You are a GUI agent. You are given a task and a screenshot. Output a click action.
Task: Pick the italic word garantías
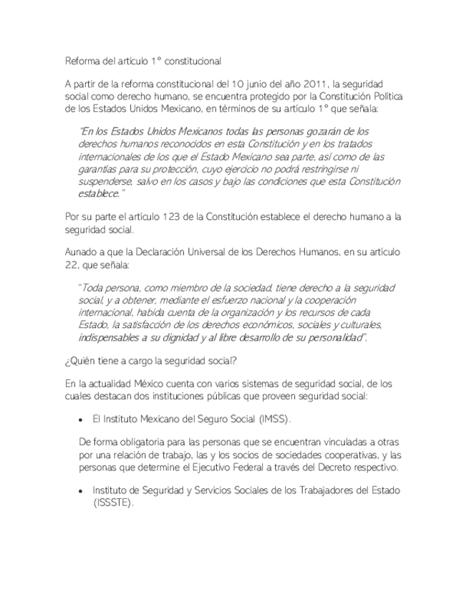coord(100,169)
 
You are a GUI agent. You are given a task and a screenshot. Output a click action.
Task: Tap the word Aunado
coord(82,253)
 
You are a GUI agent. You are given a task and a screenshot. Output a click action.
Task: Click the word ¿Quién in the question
coord(80,360)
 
